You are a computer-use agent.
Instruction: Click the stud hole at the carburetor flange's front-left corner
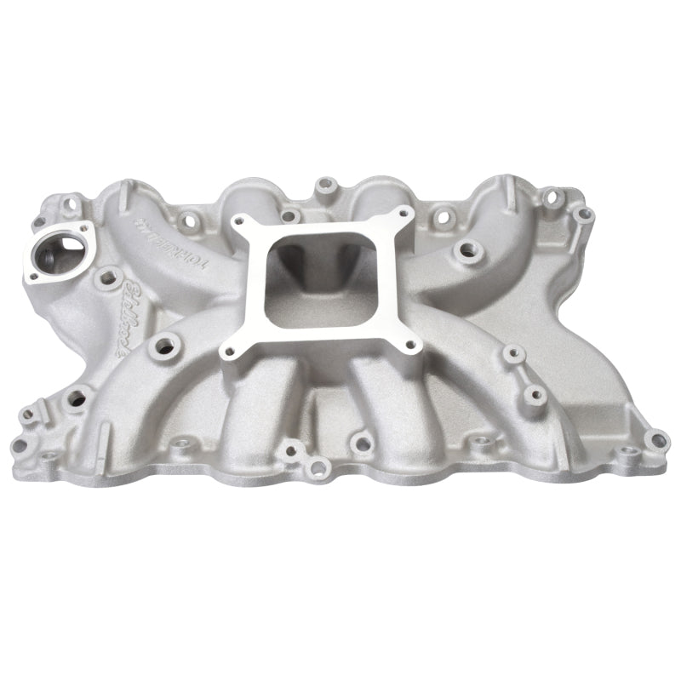coord(228,349)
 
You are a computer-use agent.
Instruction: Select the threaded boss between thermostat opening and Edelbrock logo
coord(108,275)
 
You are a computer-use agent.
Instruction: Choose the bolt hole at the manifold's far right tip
coord(655,440)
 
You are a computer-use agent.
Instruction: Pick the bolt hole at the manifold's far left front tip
coord(28,415)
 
